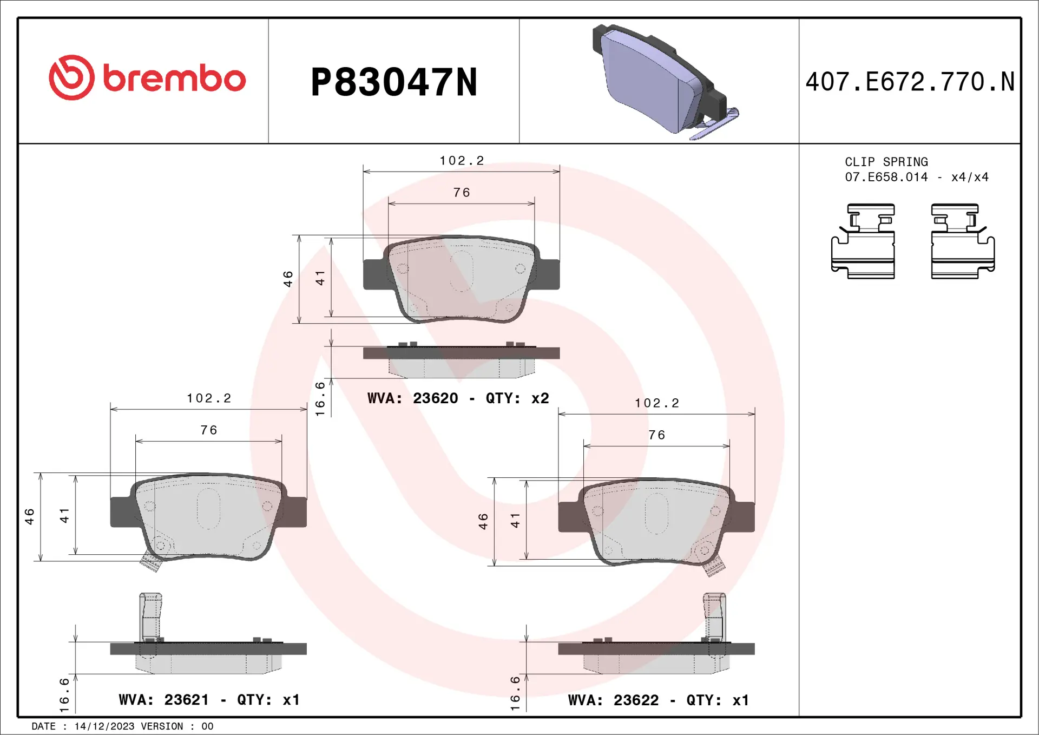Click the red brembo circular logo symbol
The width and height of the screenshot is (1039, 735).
[71, 77]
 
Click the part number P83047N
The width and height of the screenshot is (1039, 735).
[393, 82]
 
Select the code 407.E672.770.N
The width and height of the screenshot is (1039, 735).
[910, 82]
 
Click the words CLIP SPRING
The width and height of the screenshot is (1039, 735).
[886, 162]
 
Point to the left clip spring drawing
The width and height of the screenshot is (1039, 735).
[863, 241]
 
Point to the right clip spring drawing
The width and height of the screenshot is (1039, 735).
[962, 241]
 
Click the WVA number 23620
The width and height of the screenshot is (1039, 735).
[435, 398]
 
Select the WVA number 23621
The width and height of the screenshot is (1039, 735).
[186, 700]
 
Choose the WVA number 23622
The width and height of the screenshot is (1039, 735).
[636, 700]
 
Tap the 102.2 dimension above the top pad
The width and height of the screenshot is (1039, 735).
[462, 161]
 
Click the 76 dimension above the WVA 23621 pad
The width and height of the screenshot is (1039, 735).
[208, 430]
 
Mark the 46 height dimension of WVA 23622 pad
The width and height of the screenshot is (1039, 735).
[483, 521]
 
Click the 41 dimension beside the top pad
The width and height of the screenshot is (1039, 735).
[320, 278]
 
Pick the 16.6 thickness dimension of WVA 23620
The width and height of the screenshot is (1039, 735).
[320, 399]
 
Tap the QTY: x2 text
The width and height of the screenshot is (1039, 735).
[517, 398]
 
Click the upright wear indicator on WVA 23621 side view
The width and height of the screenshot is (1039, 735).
[150, 616]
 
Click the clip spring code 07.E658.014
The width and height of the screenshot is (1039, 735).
[886, 177]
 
